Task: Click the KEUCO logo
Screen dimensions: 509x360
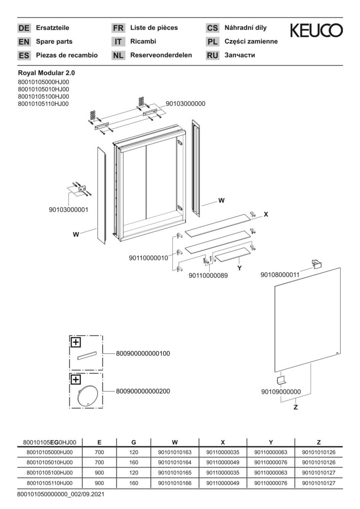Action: point(316,31)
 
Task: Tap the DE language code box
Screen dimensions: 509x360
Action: point(24,28)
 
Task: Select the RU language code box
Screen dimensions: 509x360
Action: point(213,56)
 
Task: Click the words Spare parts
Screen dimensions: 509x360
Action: point(55,41)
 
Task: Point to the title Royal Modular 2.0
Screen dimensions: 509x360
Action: point(46,73)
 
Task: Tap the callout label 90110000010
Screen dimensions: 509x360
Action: point(148,258)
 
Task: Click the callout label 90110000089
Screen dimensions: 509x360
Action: point(208,276)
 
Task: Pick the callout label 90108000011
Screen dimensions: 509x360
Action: point(280,275)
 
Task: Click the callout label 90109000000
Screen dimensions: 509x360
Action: point(280,392)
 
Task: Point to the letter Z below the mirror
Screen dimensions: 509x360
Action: point(295,407)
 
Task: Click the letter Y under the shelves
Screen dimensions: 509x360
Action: point(239,268)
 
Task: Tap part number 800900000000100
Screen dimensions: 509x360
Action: point(143,353)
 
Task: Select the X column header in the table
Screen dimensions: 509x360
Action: point(222,442)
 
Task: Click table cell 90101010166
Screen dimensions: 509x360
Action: point(174,484)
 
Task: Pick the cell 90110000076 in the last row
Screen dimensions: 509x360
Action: point(270,484)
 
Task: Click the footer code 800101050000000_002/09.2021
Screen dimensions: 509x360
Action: point(60,495)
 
